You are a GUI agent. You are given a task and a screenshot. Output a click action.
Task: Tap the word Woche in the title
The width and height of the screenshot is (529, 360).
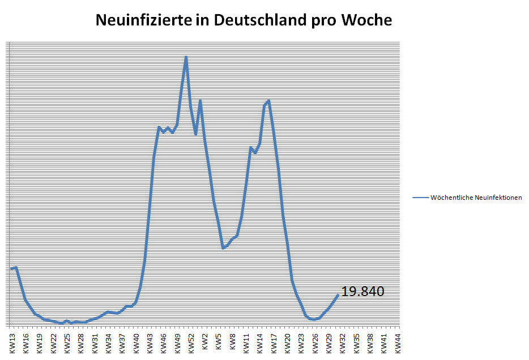[366, 20]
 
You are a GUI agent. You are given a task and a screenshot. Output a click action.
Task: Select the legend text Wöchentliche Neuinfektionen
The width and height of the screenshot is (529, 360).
[476, 198]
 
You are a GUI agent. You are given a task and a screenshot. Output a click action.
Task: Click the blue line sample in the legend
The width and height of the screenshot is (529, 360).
[420, 198]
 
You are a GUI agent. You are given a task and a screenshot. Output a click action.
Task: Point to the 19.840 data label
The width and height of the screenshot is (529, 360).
[362, 292]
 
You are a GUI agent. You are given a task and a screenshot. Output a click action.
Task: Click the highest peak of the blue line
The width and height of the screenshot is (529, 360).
[186, 57]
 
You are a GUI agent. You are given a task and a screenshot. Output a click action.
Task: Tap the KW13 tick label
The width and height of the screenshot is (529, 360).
[12, 344]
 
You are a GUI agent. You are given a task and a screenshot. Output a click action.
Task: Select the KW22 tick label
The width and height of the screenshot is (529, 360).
[53, 344]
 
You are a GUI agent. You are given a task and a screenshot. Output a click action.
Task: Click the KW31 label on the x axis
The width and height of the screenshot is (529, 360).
[95, 344]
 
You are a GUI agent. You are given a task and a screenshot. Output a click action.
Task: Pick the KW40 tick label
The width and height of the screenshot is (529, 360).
[136, 344]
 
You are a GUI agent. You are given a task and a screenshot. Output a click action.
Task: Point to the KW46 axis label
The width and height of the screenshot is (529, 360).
[164, 344]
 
